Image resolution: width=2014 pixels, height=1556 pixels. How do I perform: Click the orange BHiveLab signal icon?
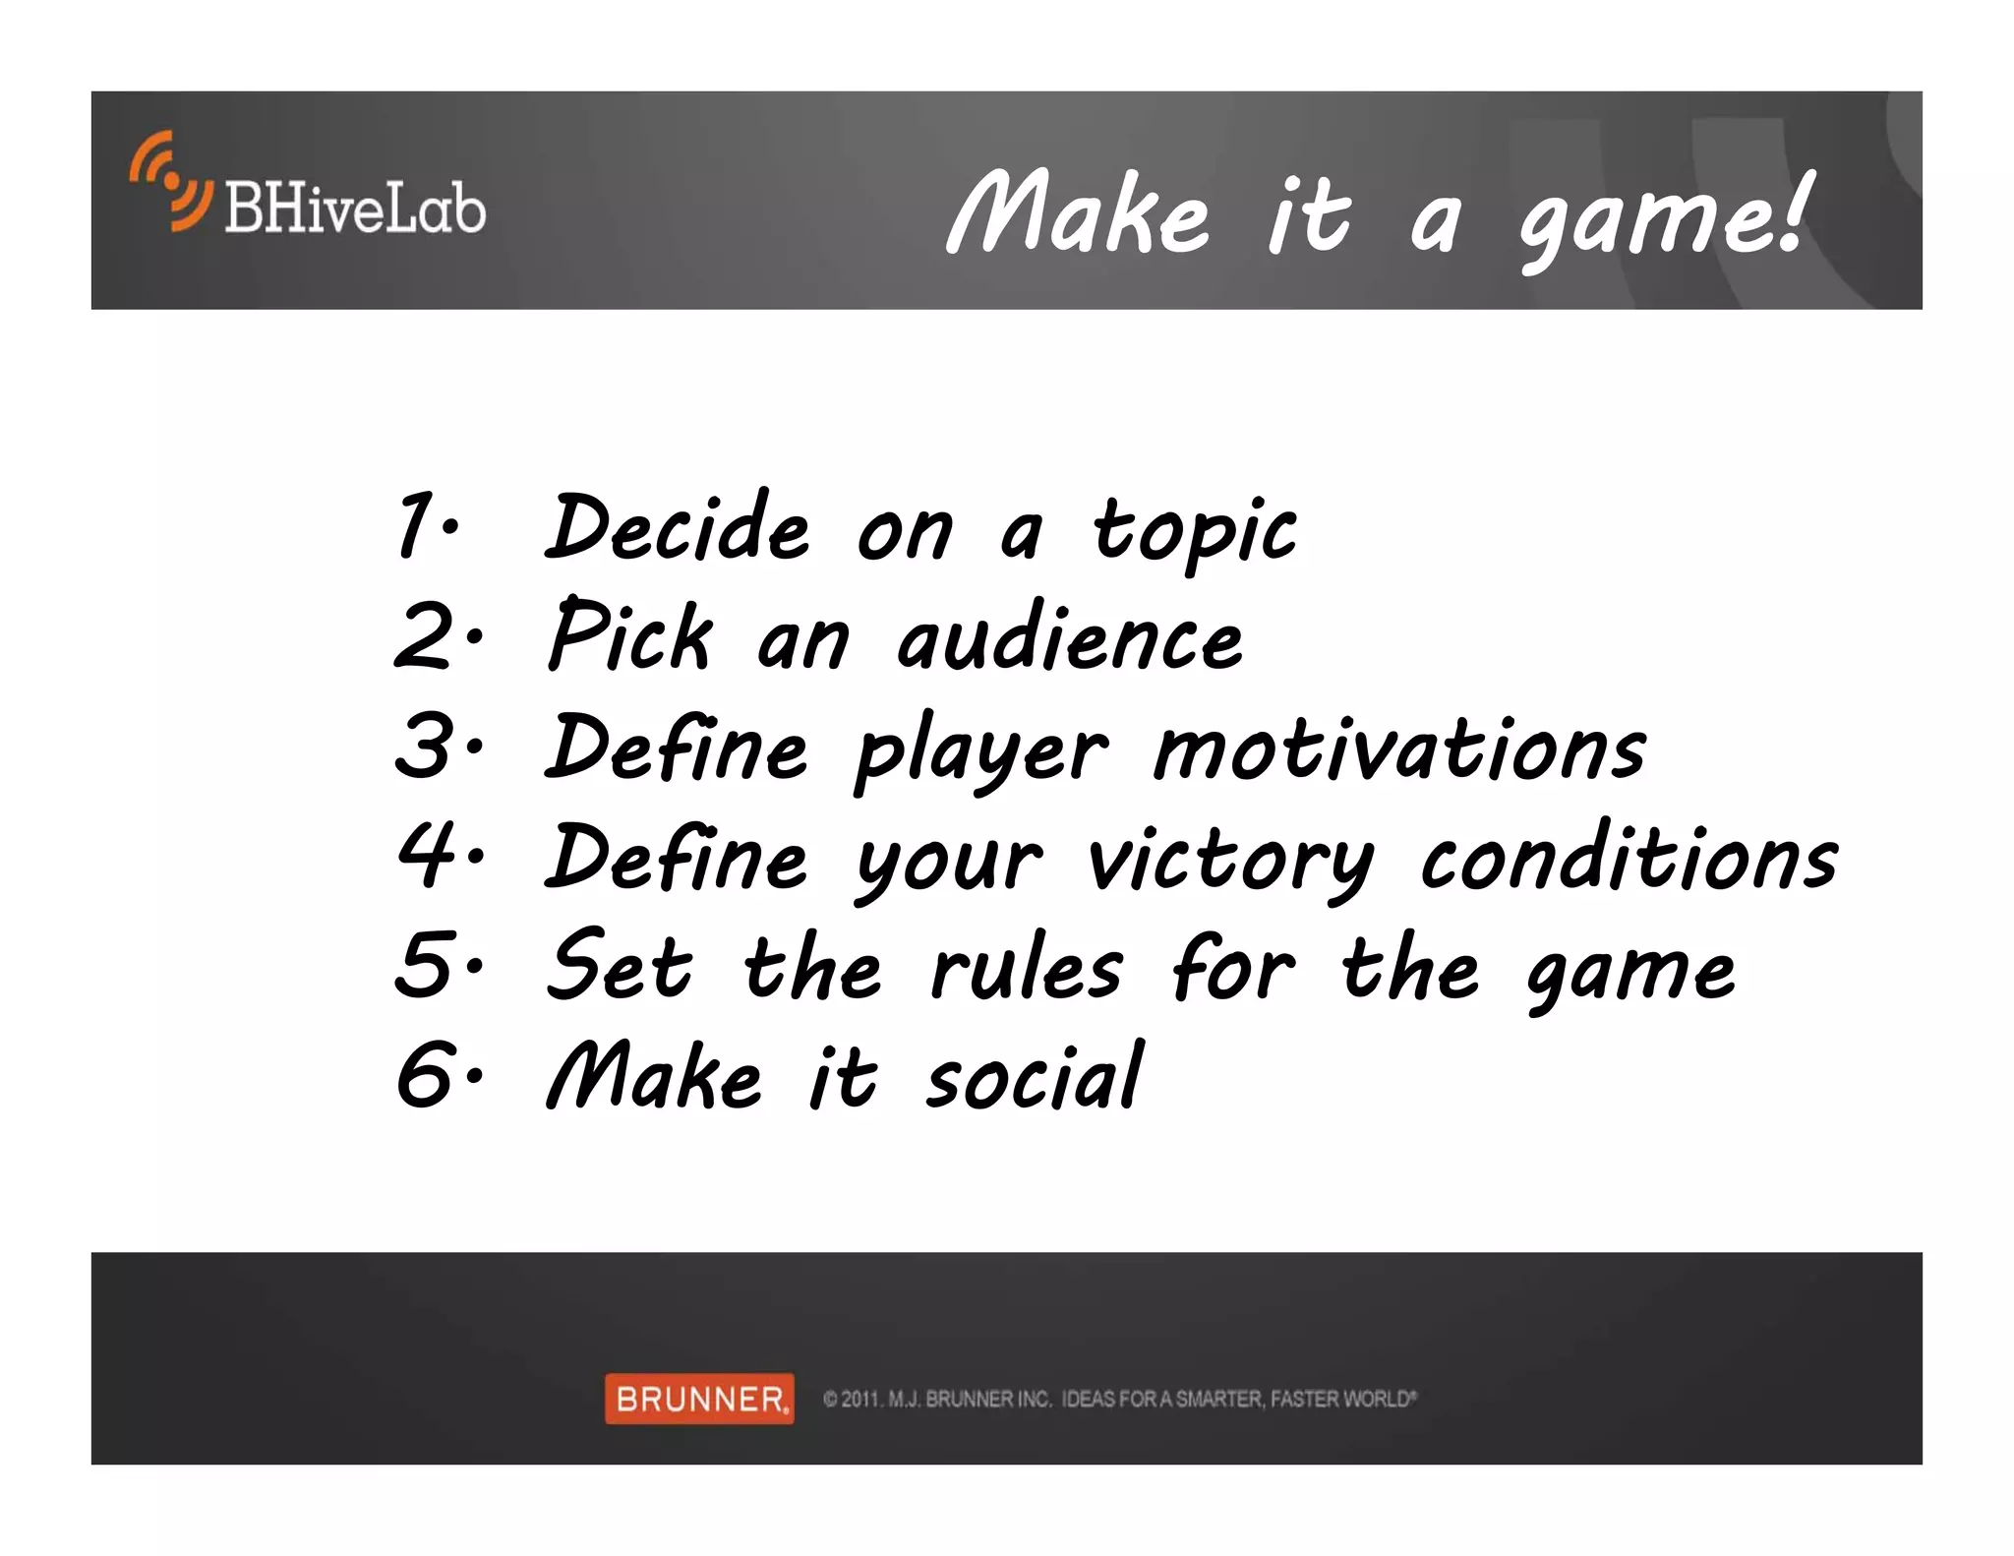170,181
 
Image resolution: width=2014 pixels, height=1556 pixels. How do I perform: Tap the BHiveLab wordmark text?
354,209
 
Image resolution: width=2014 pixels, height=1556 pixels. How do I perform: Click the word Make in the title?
1078,214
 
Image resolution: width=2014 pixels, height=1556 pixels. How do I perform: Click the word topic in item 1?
1194,531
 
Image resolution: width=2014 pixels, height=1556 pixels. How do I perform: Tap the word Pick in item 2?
629,636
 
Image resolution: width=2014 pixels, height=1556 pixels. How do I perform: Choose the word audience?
1070,639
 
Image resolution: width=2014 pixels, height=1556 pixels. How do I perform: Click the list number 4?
427,855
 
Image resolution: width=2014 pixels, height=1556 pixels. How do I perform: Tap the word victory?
1229,861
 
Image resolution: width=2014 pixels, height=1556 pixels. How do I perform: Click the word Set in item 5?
620,966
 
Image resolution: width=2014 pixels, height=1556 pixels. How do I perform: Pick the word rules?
1026,969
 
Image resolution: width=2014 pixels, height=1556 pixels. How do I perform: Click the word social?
1034,1077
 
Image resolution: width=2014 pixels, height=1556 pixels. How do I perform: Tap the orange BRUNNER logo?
699,1398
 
